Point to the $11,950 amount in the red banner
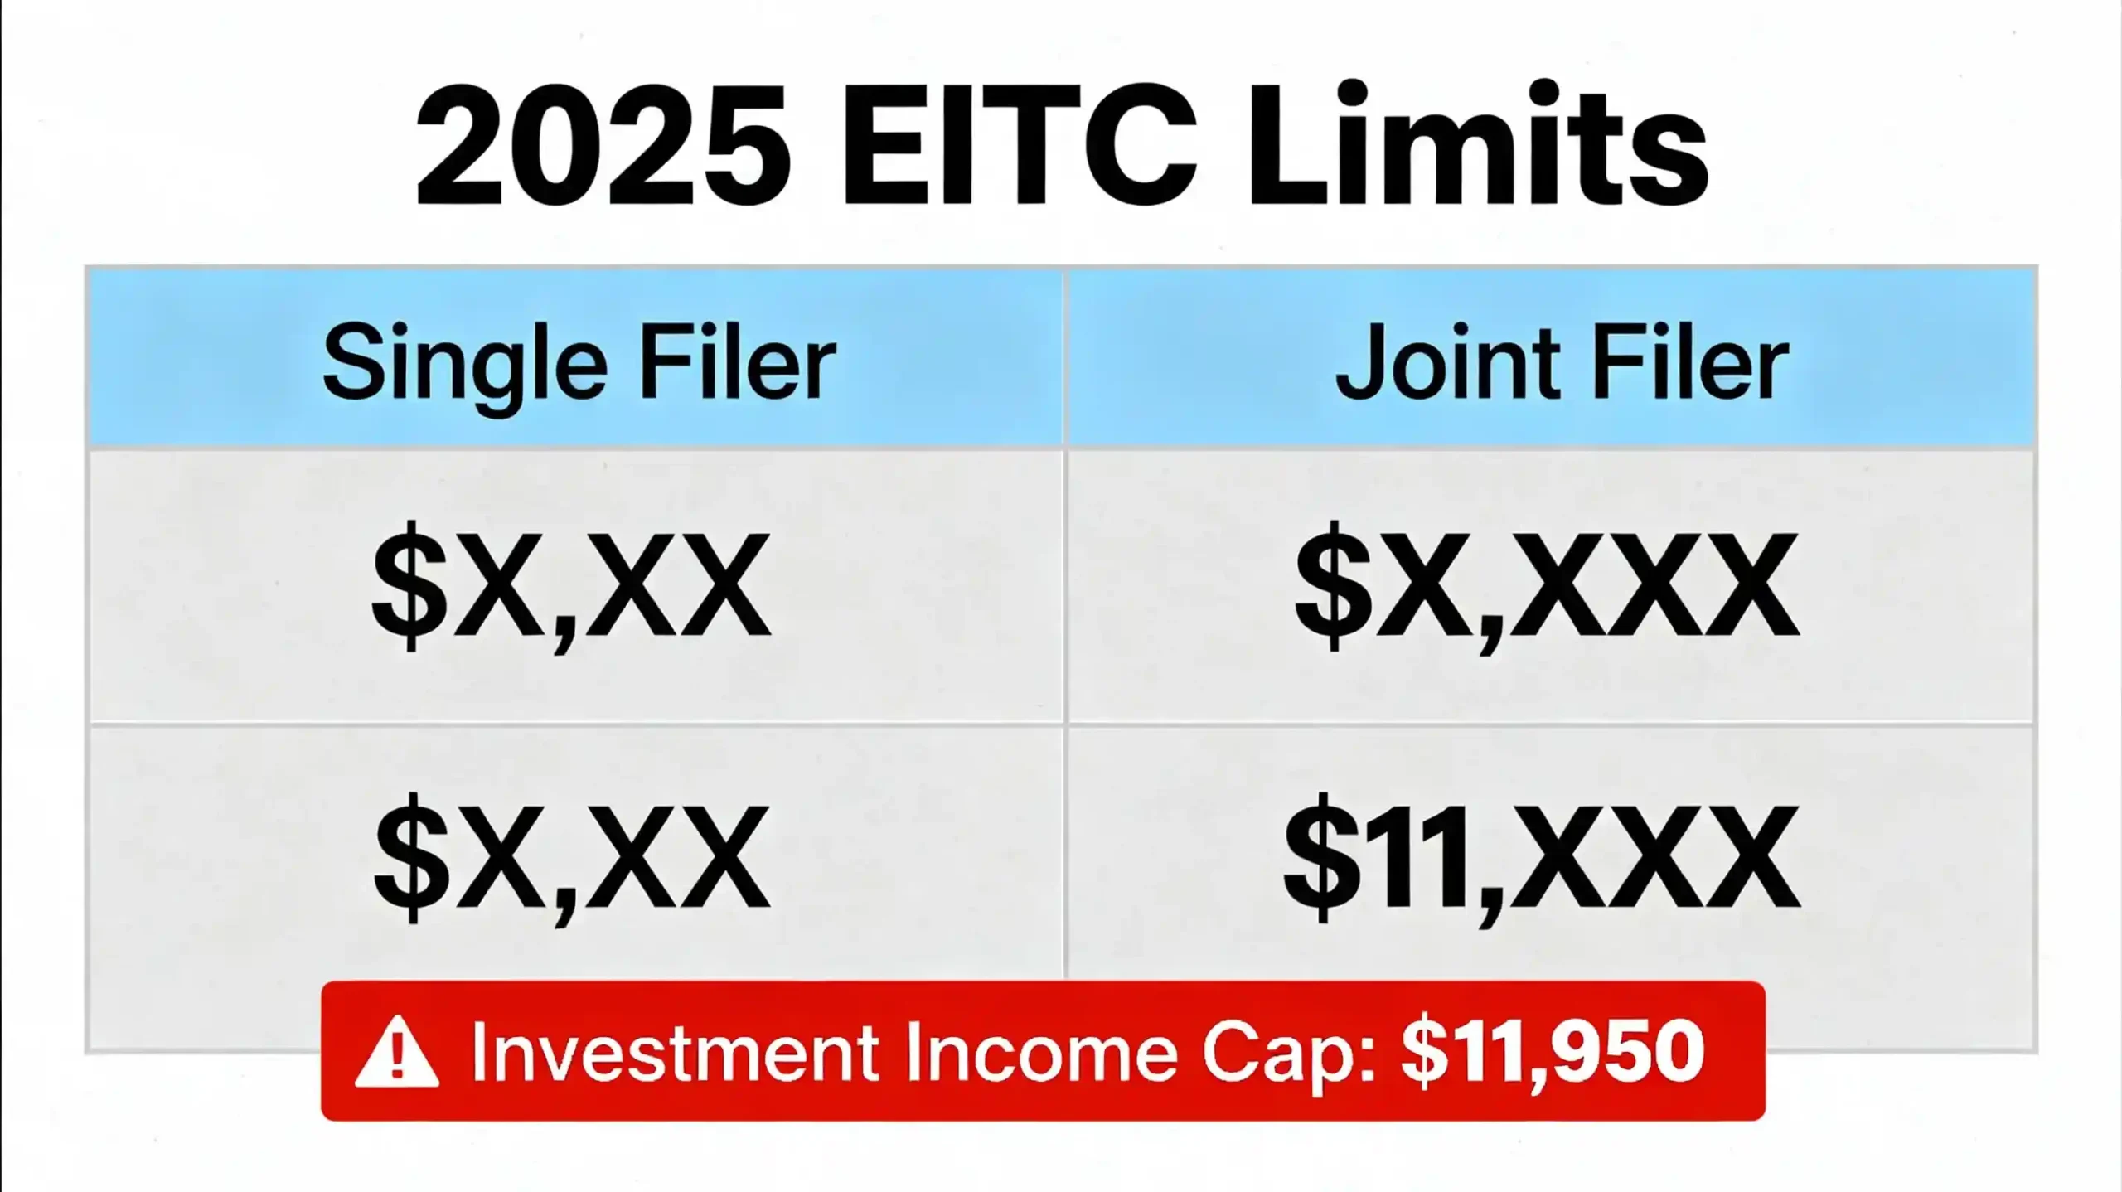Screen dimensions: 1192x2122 click(x=1552, y=1051)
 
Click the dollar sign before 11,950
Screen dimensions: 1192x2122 click(x=1422, y=1051)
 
